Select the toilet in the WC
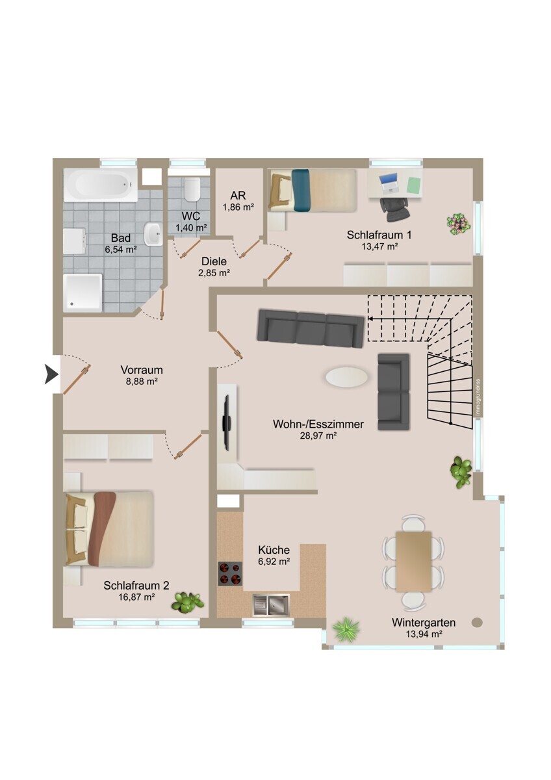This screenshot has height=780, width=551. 192,189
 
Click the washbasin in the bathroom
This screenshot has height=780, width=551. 153,234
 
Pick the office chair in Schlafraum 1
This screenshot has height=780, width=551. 394,209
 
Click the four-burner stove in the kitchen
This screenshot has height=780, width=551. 230,573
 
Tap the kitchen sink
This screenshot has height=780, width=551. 271,604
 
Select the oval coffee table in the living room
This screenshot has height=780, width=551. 347,376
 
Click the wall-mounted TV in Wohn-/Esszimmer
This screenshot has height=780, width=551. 227,422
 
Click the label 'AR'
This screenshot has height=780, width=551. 238,196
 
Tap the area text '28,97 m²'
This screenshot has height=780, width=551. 318,435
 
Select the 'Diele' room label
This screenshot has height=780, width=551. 214,261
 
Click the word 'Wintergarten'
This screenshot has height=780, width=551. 424,622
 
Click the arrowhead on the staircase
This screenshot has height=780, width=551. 370,318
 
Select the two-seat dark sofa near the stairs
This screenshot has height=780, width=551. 394,391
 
